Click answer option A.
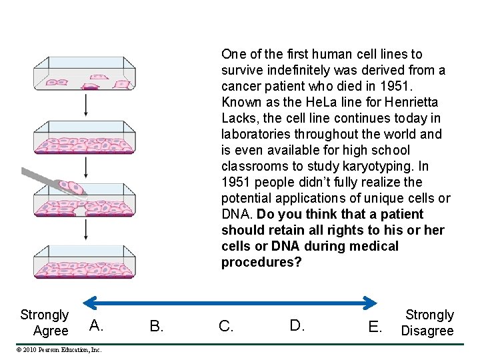96,325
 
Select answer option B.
157,326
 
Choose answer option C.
226,326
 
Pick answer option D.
297,325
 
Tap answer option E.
375,327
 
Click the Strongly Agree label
45,323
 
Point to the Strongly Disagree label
429,323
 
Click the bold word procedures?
261,262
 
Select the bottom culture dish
86,262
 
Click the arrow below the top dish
86,105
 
